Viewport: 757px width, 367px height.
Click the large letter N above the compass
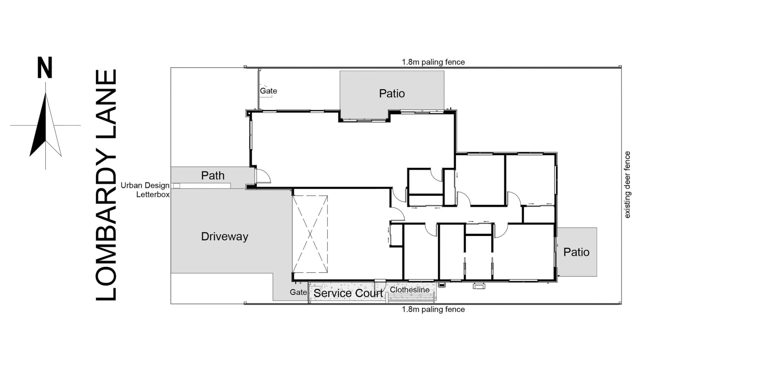(x=45, y=68)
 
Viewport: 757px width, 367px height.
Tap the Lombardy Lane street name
(x=106, y=185)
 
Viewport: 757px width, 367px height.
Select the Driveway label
(x=224, y=237)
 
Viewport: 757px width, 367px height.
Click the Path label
(x=213, y=175)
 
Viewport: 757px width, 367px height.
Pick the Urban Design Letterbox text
(x=145, y=190)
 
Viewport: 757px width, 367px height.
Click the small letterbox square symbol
(x=177, y=186)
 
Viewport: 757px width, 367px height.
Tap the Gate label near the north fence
(x=268, y=91)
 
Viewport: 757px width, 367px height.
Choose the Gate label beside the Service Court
(x=298, y=292)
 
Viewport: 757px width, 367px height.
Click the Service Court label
(x=348, y=293)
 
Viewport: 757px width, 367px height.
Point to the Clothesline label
(x=410, y=290)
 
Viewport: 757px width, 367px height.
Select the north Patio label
(x=392, y=94)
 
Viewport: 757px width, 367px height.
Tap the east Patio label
(x=576, y=252)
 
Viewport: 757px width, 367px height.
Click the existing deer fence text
(x=627, y=185)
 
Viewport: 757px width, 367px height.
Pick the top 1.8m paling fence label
(x=433, y=62)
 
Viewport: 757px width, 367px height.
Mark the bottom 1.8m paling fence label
(x=433, y=309)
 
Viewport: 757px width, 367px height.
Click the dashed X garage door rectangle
(x=310, y=234)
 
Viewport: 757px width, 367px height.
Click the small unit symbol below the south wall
(x=479, y=286)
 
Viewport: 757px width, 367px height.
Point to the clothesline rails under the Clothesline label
(x=411, y=298)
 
